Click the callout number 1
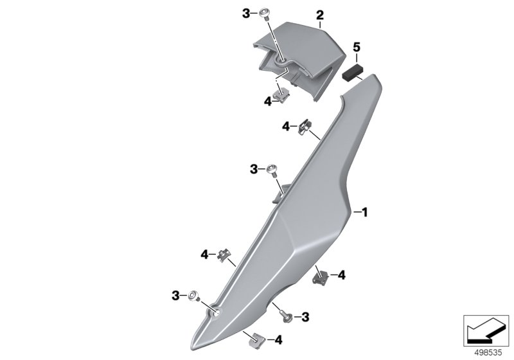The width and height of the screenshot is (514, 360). click(x=364, y=212)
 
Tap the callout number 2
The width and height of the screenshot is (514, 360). click(x=319, y=15)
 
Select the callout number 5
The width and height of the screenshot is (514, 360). click(x=357, y=48)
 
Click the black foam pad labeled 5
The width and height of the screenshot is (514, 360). click(x=351, y=73)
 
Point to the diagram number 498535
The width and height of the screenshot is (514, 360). click(x=488, y=353)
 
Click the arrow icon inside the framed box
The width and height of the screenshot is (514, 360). click(x=486, y=330)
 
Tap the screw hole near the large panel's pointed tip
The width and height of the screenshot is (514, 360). click(x=217, y=312)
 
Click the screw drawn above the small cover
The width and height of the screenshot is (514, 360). click(x=264, y=14)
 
